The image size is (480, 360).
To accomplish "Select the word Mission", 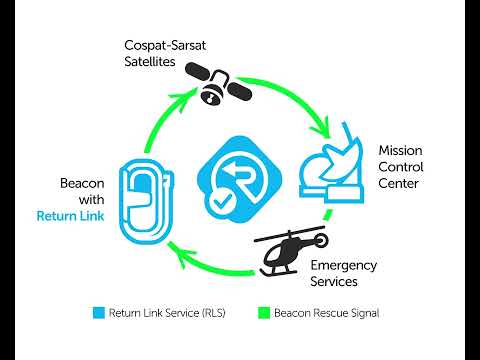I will pyautogui.click(x=399, y=150).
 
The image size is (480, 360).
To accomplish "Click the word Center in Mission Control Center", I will pyautogui.click(x=397, y=184).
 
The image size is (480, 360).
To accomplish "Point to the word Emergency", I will pyautogui.click(x=343, y=265).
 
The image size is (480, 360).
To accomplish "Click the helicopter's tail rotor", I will pyautogui.click(x=320, y=240).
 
